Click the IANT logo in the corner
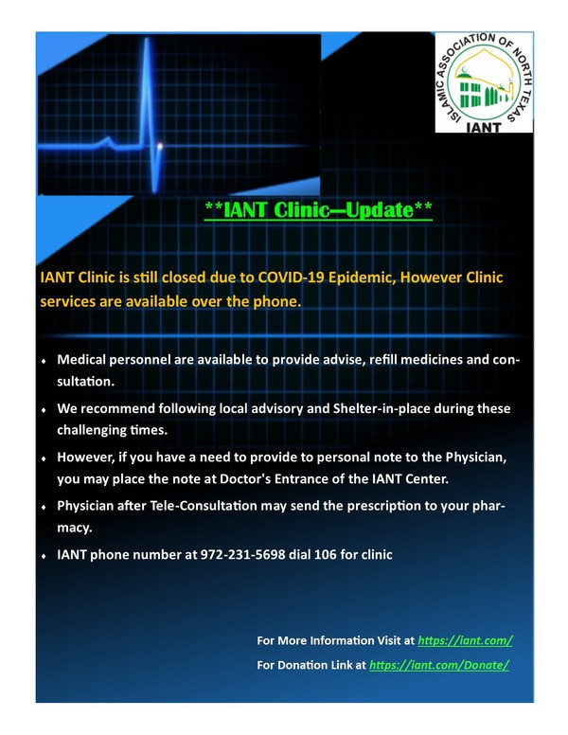(484, 82)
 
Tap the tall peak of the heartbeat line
(147, 40)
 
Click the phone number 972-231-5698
(242, 554)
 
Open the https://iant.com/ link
(465, 640)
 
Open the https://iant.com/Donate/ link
(439, 665)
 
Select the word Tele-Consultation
(204, 506)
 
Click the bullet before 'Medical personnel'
(44, 362)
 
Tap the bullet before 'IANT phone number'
(44, 556)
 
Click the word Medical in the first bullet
(77, 360)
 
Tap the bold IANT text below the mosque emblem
(484, 127)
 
